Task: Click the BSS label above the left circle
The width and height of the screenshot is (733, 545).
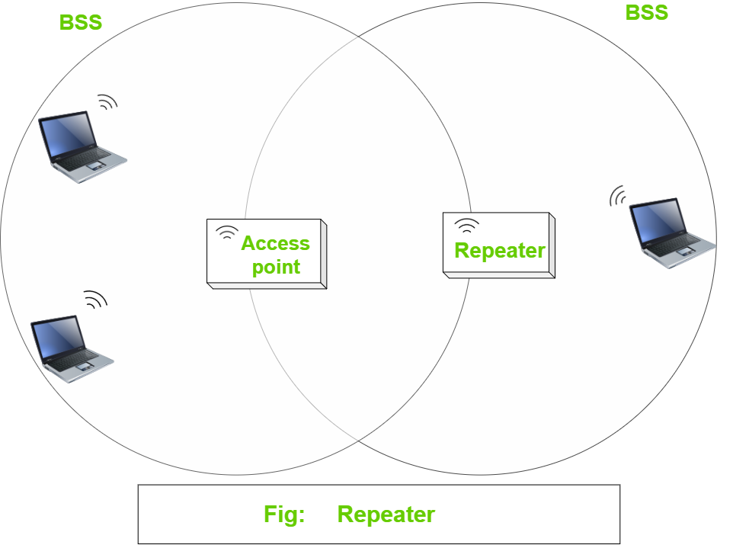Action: pos(81,22)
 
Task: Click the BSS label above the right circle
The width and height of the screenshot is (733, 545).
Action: pos(647,12)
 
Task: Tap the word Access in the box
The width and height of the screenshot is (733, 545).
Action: pos(275,243)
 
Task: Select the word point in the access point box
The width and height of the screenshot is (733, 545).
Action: pos(276,267)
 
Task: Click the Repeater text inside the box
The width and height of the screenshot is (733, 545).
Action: pos(500,251)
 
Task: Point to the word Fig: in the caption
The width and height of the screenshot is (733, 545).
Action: pos(284,515)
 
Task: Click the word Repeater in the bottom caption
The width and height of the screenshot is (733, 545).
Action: pos(386,515)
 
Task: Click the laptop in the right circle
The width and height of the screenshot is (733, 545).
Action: pos(670,232)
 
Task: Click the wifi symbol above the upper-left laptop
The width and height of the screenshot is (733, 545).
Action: pos(107,102)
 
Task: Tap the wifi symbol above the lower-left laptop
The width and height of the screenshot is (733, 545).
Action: pos(95,300)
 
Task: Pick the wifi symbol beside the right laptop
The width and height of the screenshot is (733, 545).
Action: pos(618,197)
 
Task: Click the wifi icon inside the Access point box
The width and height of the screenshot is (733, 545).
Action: pos(226,232)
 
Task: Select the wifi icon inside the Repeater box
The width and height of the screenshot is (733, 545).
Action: pos(466,225)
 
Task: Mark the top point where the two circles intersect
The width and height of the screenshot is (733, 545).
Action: pos(358,37)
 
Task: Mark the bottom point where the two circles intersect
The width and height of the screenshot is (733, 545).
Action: pos(358,440)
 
